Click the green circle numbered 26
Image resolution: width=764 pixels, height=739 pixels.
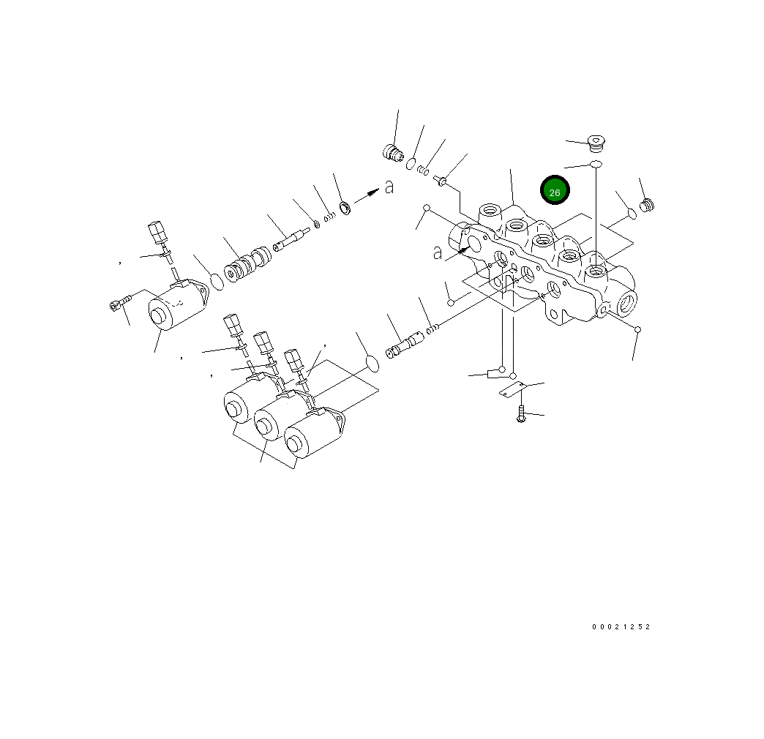pyautogui.click(x=555, y=191)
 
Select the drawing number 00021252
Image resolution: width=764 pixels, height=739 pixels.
pyautogui.click(x=621, y=627)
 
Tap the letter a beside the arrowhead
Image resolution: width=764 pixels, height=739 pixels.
pyautogui.click(x=389, y=188)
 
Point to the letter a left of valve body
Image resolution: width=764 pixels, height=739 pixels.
pyautogui.click(x=438, y=252)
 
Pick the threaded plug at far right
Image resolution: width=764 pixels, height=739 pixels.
pyautogui.click(x=646, y=206)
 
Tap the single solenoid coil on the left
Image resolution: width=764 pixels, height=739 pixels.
pyautogui.click(x=174, y=310)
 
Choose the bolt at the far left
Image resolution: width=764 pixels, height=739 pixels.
pyautogui.click(x=118, y=303)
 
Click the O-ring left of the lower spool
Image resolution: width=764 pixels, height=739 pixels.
pyautogui.click(x=372, y=363)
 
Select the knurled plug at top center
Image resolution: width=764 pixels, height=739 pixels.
pyautogui.click(x=394, y=154)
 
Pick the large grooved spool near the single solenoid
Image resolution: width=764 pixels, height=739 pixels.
pyautogui.click(x=247, y=266)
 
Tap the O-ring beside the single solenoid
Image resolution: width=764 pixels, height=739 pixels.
pyautogui.click(x=215, y=280)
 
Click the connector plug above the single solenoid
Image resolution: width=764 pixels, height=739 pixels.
pyautogui.click(x=156, y=233)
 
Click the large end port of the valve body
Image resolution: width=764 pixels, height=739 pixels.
pyautogui.click(x=626, y=301)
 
